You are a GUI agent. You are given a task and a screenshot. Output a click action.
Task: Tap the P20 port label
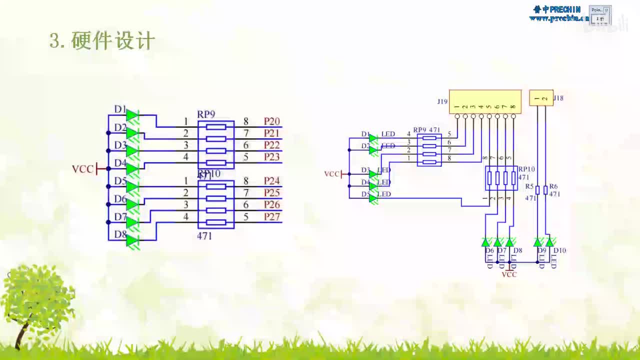click(x=271, y=121)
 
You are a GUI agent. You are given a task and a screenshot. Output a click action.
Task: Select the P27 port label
click(x=271, y=216)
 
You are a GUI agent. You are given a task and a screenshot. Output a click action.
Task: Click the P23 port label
click(x=271, y=157)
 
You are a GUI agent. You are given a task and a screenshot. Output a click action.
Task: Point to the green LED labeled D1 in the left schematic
click(x=132, y=115)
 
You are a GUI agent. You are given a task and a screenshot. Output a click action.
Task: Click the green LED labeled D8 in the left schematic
click(x=132, y=240)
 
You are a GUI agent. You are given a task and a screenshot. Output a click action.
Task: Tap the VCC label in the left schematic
click(x=82, y=169)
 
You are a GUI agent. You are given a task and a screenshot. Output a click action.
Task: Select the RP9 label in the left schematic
click(x=206, y=114)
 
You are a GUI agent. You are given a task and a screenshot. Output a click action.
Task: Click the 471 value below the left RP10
click(x=204, y=236)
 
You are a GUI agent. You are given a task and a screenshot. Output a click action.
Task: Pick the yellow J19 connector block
click(x=485, y=101)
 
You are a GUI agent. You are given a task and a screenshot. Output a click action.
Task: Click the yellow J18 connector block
click(x=541, y=98)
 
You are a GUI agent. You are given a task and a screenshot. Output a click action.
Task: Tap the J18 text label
click(x=558, y=98)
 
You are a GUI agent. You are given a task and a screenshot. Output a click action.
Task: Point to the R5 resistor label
click(x=529, y=186)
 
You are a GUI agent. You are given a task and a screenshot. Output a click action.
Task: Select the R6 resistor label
click(x=553, y=186)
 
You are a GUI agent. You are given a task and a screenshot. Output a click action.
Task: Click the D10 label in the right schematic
click(x=559, y=250)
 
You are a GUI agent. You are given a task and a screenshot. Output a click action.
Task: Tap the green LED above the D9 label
click(x=537, y=242)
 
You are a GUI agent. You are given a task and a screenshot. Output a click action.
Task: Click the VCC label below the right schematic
click(x=509, y=274)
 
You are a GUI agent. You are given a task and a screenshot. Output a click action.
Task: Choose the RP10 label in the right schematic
click(x=526, y=169)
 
